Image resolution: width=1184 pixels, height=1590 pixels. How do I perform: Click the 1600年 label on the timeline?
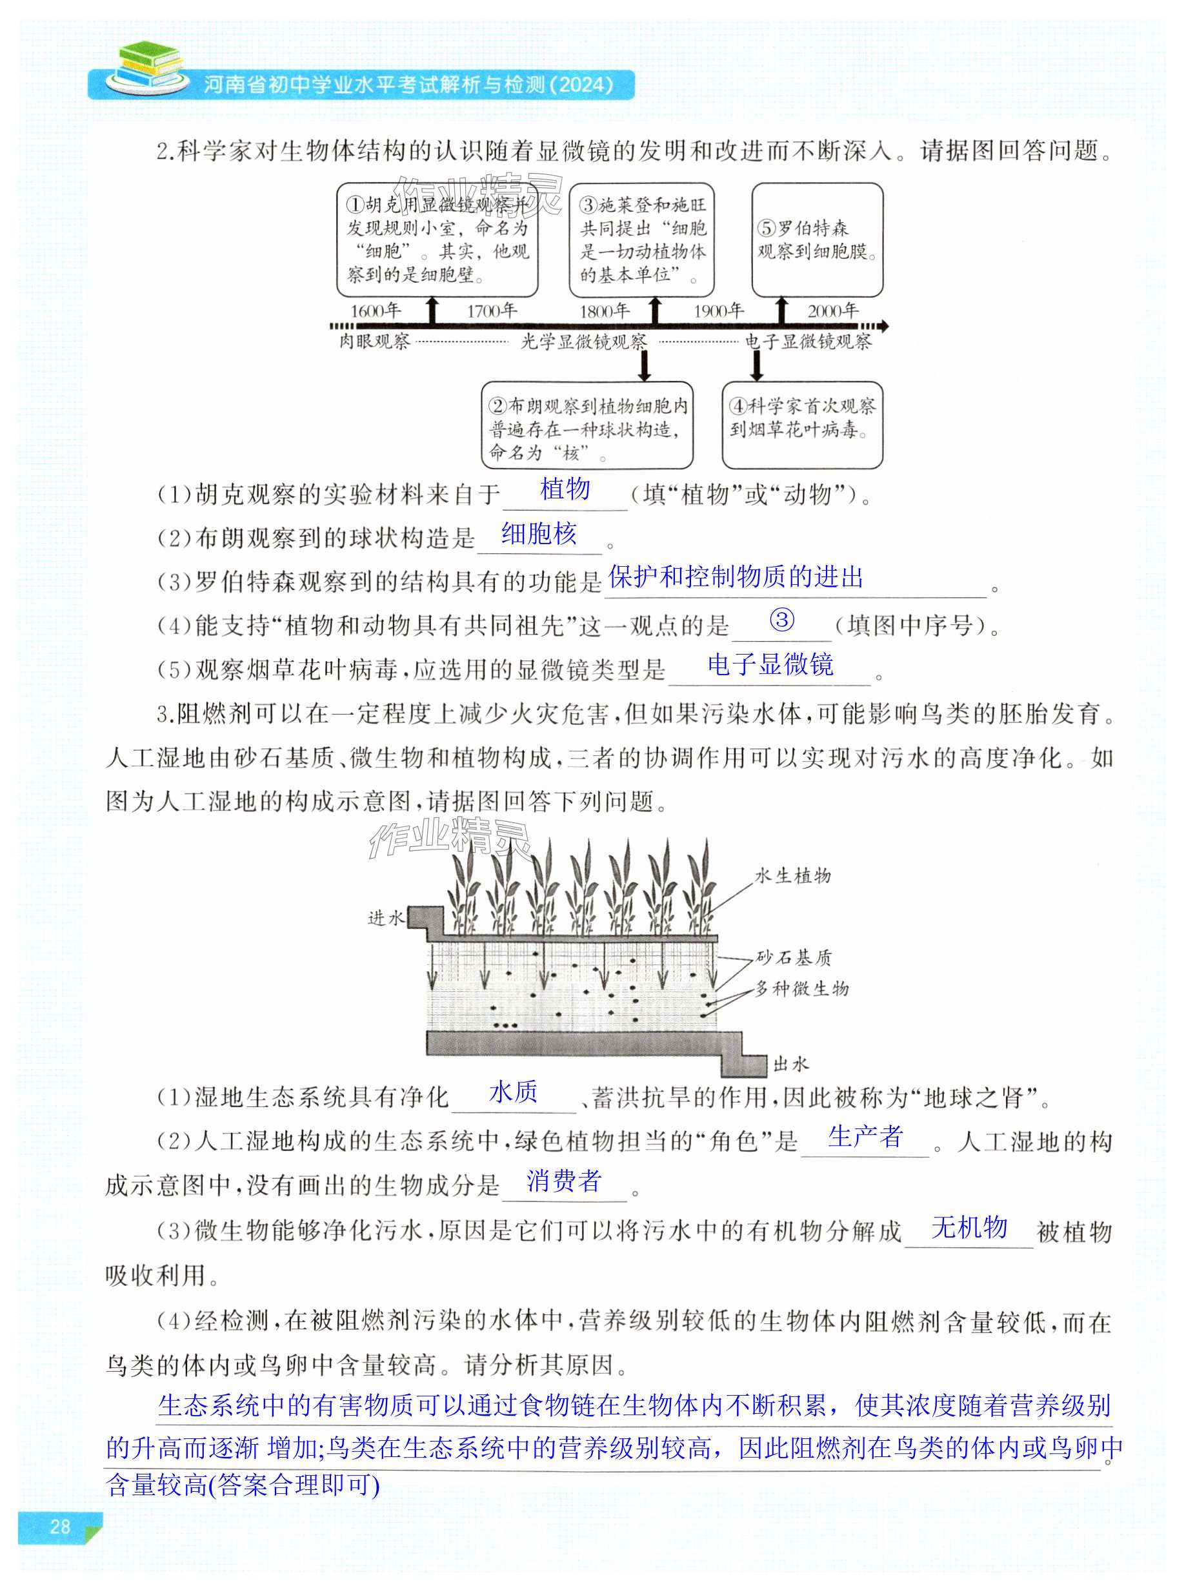tap(375, 311)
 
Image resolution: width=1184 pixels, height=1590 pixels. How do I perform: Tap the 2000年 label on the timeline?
tap(833, 311)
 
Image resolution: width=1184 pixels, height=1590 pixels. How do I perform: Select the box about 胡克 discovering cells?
tap(437, 240)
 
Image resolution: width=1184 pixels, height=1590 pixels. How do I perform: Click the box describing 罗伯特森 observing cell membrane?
tap(817, 240)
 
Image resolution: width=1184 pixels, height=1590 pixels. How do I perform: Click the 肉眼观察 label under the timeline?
tap(374, 342)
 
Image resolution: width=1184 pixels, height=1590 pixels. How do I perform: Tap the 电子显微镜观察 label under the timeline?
tap(808, 342)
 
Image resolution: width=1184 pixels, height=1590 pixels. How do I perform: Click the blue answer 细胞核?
tap(539, 533)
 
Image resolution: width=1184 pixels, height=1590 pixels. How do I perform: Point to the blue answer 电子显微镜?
tap(770, 664)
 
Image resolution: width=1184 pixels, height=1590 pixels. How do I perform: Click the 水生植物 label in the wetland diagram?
tap(793, 875)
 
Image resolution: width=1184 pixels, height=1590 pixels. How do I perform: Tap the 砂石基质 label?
tap(794, 958)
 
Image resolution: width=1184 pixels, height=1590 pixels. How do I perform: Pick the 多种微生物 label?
tap(802, 988)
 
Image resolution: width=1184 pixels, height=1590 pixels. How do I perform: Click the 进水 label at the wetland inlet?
tap(386, 917)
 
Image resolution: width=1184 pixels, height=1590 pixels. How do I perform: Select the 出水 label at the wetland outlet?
tap(790, 1065)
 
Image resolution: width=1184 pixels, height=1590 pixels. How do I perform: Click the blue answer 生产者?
tap(865, 1136)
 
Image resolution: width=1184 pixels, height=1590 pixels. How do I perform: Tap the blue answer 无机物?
tap(969, 1227)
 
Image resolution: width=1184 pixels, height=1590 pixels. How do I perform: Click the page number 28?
tap(60, 1527)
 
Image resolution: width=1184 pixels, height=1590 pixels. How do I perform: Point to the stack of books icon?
tap(149, 65)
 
